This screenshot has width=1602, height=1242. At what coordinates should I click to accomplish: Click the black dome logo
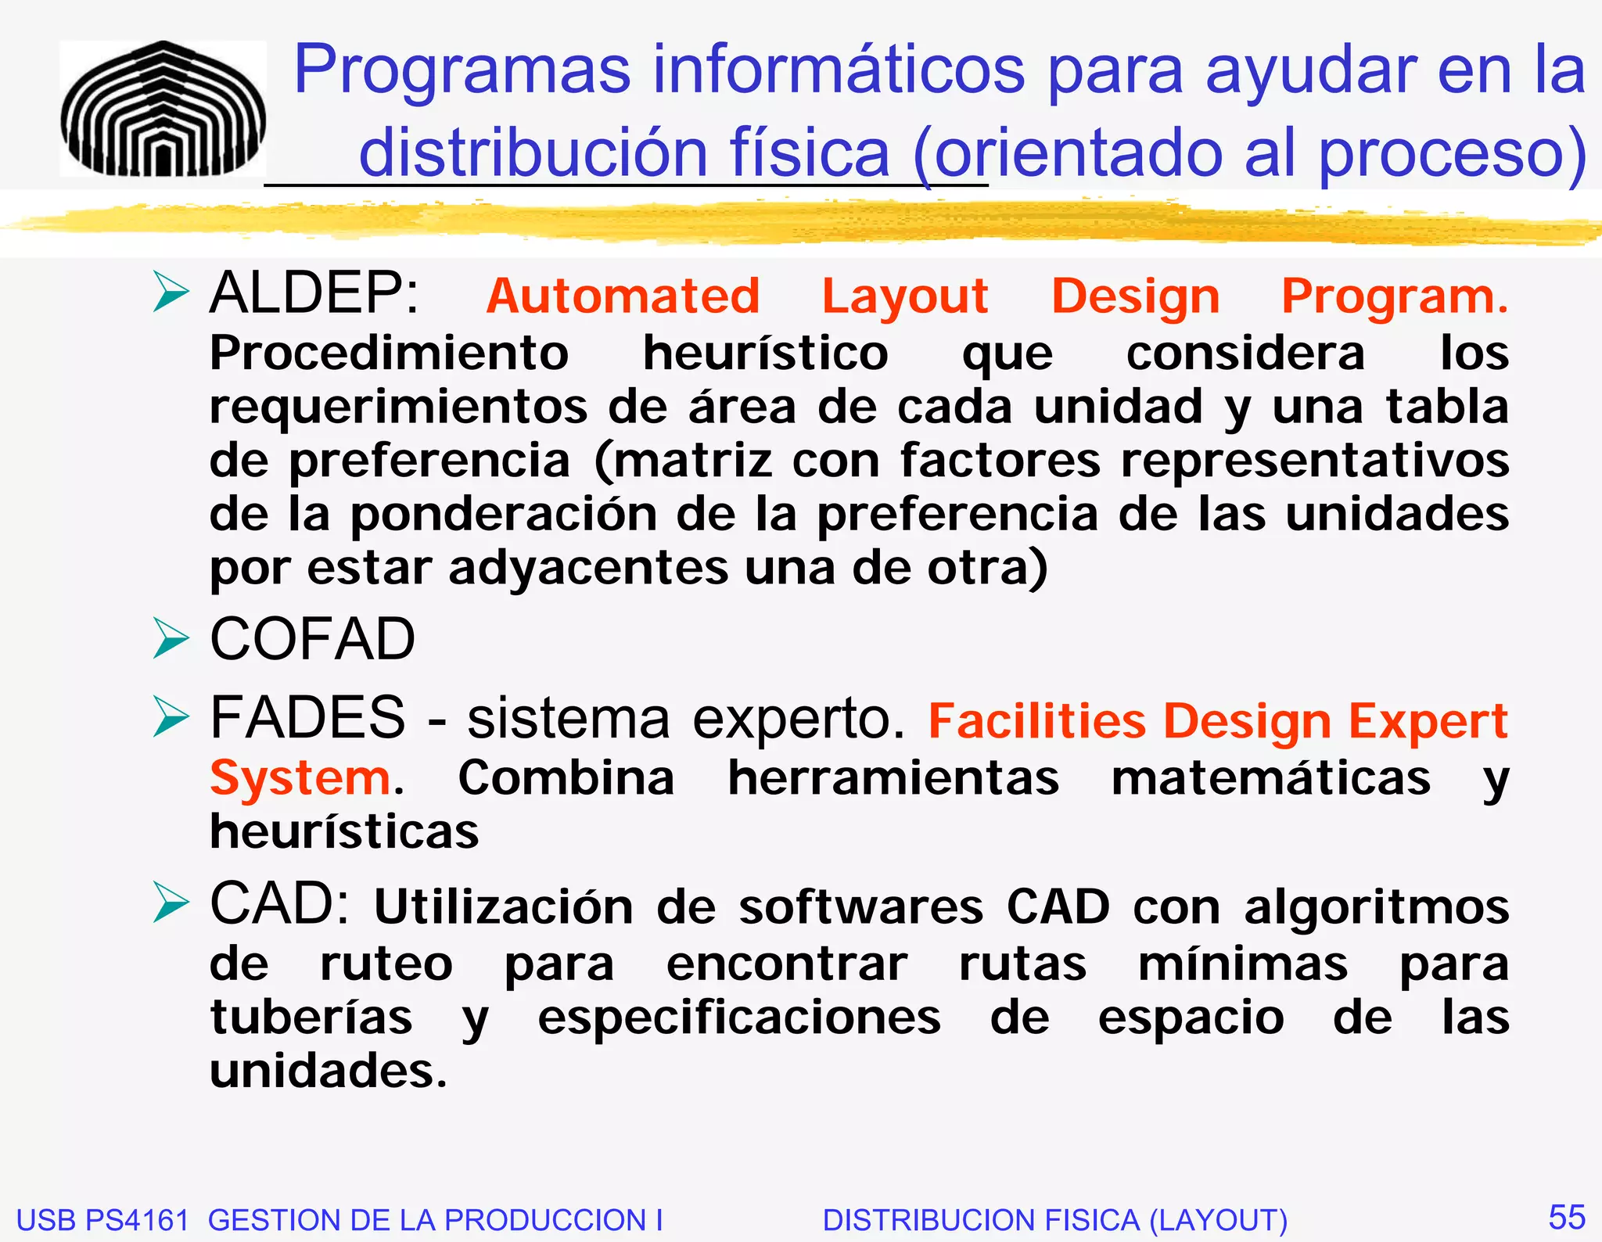(x=163, y=109)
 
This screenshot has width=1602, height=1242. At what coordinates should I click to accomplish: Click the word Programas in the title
(x=462, y=70)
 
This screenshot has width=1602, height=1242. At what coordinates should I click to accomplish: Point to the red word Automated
(x=623, y=296)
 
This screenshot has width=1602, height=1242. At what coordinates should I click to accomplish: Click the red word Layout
(x=905, y=298)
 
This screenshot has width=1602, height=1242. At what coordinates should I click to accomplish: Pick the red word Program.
(x=1395, y=298)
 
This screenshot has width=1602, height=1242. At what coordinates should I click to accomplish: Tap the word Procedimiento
(x=389, y=353)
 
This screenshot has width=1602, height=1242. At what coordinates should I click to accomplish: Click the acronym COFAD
(x=313, y=639)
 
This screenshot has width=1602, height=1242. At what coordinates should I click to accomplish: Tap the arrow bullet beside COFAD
(x=171, y=639)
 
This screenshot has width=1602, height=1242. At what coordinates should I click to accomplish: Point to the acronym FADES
(x=307, y=717)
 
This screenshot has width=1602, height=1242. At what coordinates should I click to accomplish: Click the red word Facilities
(x=1036, y=720)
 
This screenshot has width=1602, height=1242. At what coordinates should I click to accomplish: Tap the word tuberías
(x=311, y=1018)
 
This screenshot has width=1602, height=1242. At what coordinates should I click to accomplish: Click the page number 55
(x=1567, y=1218)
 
